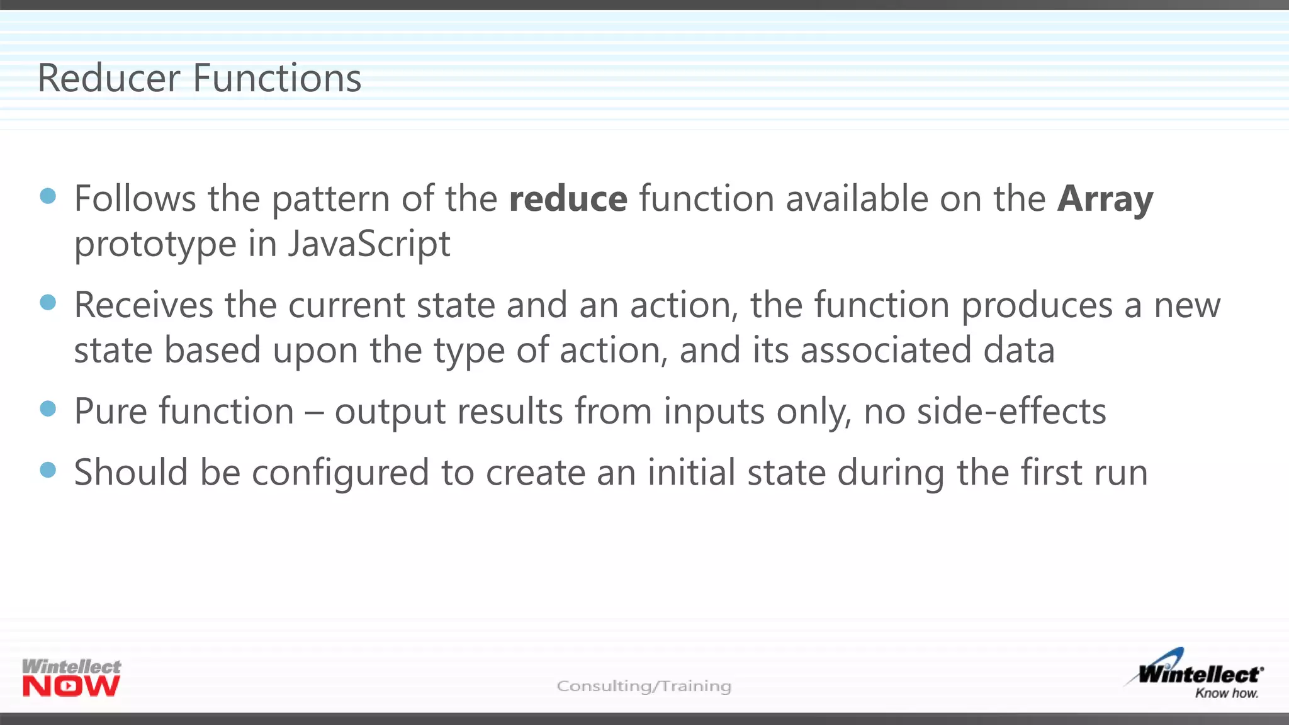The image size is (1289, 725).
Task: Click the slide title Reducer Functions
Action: tap(199, 78)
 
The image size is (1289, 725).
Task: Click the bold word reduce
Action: tap(568, 199)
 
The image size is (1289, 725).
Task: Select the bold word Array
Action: tap(1105, 199)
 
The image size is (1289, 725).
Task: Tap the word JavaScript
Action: tap(369, 244)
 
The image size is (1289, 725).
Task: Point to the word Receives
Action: tap(144, 305)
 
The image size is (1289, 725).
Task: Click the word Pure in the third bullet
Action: tap(110, 412)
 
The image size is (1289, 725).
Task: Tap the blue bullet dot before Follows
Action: tap(48, 196)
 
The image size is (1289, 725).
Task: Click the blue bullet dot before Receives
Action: tap(48, 303)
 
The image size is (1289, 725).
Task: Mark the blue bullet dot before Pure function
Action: tap(48, 409)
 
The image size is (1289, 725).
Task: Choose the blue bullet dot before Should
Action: tap(48, 470)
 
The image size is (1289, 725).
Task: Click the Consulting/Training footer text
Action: tap(644, 685)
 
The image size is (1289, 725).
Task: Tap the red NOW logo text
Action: tap(70, 687)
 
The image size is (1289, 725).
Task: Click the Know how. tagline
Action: tap(1226, 694)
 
